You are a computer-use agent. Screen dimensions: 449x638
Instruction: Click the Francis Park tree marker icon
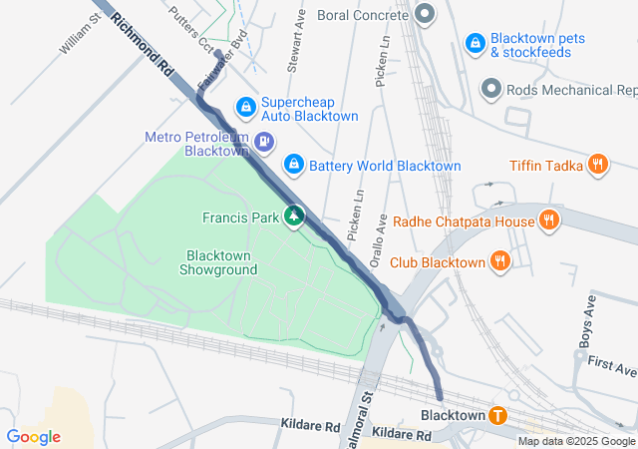click(294, 216)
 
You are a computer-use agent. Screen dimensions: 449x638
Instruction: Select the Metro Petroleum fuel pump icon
click(264, 142)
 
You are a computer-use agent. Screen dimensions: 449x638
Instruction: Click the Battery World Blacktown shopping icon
click(294, 164)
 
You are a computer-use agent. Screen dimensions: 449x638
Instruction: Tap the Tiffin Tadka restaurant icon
click(597, 165)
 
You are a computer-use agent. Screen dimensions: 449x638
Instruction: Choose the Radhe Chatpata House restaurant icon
click(547, 220)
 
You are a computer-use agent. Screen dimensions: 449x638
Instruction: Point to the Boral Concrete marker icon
click(426, 15)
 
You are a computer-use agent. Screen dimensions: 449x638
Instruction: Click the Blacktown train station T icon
click(496, 415)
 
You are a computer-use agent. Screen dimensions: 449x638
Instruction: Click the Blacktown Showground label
click(218, 262)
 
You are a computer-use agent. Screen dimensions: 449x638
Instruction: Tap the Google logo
click(33, 437)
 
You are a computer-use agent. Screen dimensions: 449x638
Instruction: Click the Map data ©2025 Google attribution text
click(576, 441)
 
